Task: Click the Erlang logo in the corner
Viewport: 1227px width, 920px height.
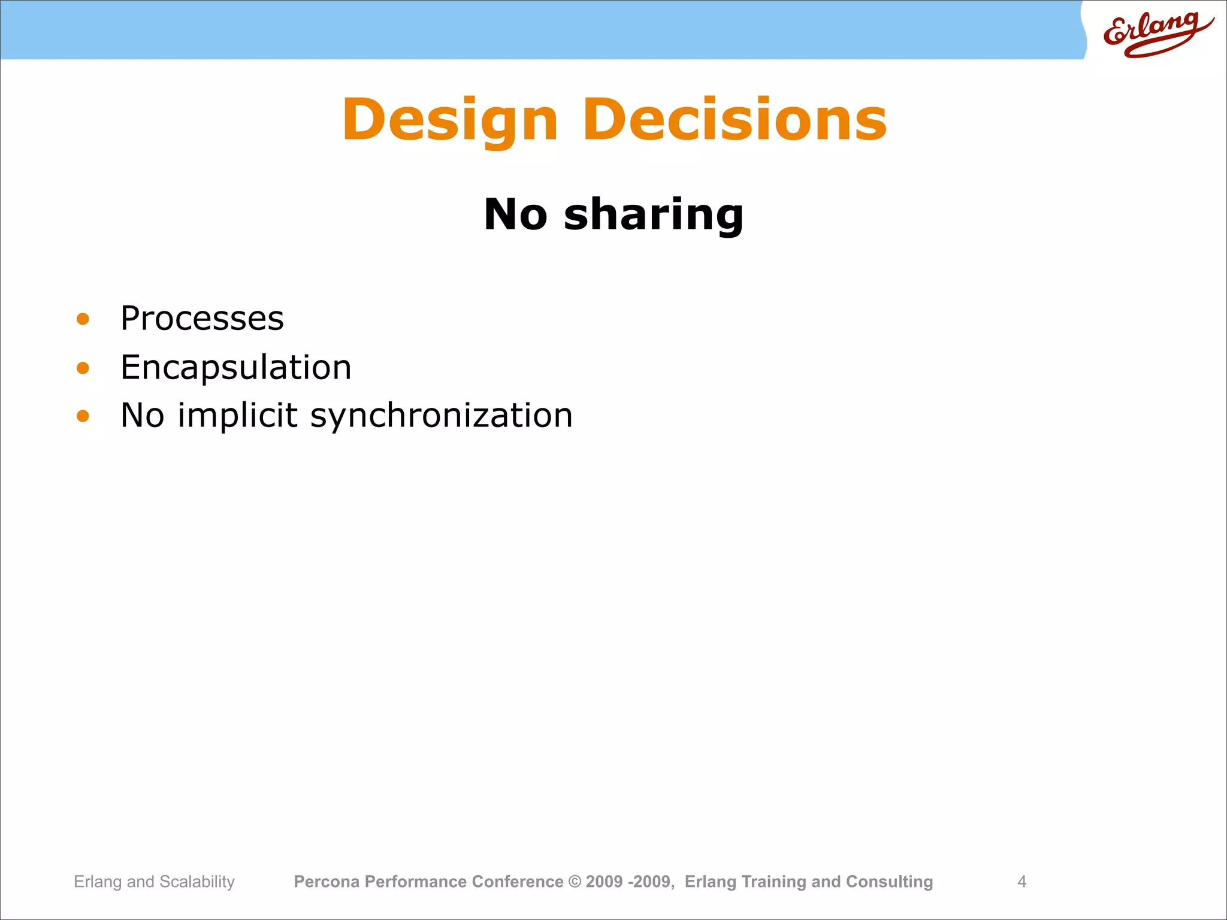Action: (1156, 33)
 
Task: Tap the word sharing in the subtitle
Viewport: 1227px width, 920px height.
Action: (653, 214)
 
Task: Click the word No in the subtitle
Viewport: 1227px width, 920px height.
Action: (515, 214)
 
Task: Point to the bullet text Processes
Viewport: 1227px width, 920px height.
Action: (202, 318)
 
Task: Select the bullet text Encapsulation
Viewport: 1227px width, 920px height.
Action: (235, 367)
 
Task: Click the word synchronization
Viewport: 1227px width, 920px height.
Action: (441, 416)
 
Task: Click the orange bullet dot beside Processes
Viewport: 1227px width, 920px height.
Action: (83, 319)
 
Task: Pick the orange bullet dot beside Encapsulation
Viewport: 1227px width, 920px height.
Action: (83, 368)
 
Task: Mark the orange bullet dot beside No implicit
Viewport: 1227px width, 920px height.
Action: (83, 416)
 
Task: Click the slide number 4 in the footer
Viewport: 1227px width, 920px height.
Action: (1022, 882)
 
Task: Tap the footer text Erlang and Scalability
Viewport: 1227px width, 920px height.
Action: (154, 882)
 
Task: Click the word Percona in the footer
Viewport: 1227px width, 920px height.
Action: (327, 882)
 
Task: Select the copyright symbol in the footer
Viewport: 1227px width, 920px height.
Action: (575, 882)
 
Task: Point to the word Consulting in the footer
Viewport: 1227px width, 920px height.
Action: (889, 882)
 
